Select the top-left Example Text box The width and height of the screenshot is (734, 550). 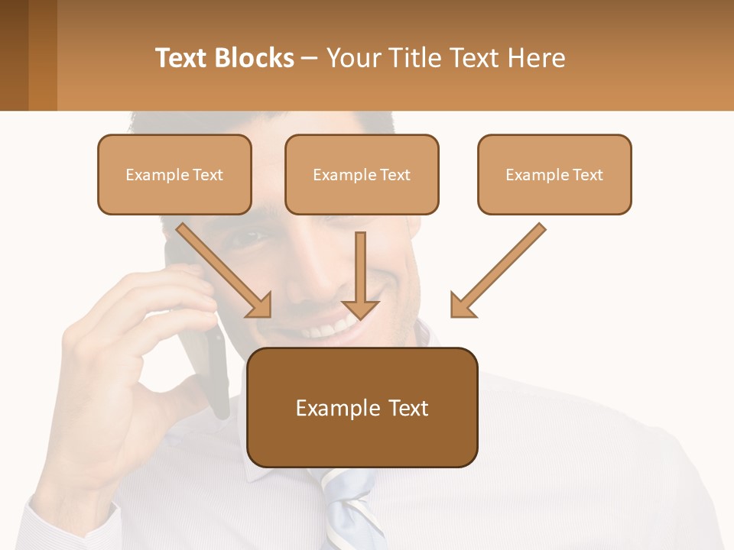174,174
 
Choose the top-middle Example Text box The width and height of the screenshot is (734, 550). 362,174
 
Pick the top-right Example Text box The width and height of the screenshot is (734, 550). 554,174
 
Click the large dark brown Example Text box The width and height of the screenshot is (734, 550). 362,407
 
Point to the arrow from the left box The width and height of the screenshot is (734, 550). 225,270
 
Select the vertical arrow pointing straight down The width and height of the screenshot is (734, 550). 360,275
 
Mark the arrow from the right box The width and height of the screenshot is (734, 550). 498,270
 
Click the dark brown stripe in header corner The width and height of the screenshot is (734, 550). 14,55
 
